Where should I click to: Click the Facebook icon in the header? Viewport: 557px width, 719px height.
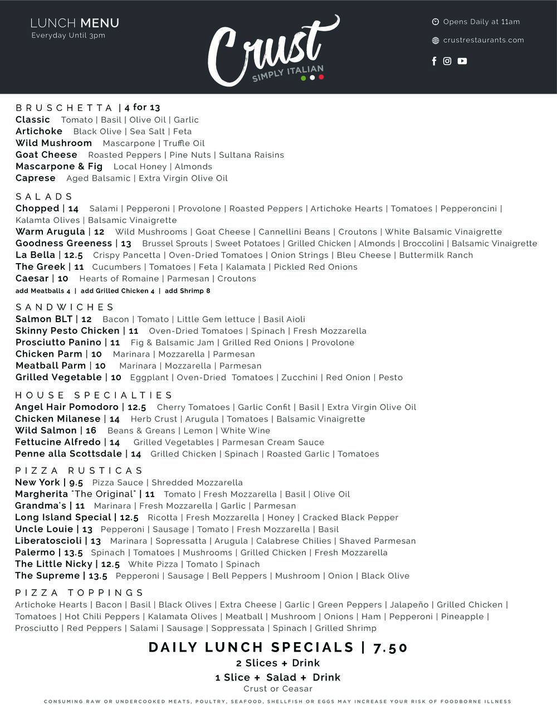[434, 61]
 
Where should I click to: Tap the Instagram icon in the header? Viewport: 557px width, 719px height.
[447, 61]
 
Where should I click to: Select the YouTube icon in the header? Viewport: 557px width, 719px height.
[462, 61]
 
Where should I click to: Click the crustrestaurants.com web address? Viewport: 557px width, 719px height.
[483, 40]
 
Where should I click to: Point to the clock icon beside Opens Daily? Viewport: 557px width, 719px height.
[436, 22]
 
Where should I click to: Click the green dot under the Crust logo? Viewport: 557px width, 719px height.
[303, 78]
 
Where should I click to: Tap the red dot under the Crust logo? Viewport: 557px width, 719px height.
[321, 77]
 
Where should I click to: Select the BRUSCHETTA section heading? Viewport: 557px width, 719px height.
[65, 108]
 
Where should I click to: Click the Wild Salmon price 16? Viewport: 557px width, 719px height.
[91, 430]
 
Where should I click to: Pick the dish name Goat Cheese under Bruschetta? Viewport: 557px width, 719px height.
[46, 155]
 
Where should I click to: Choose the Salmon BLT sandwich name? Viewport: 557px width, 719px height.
[44, 319]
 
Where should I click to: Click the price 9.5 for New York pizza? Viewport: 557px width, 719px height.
[76, 483]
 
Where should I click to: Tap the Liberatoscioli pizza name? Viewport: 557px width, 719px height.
[48, 541]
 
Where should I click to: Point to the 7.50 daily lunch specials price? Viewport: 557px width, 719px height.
[390, 648]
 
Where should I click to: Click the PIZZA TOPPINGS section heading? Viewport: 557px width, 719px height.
[79, 593]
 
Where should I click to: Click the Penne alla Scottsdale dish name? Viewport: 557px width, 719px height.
[69, 454]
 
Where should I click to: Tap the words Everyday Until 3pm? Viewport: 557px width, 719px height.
[68, 36]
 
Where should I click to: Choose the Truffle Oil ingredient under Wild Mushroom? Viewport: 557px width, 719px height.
[184, 143]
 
